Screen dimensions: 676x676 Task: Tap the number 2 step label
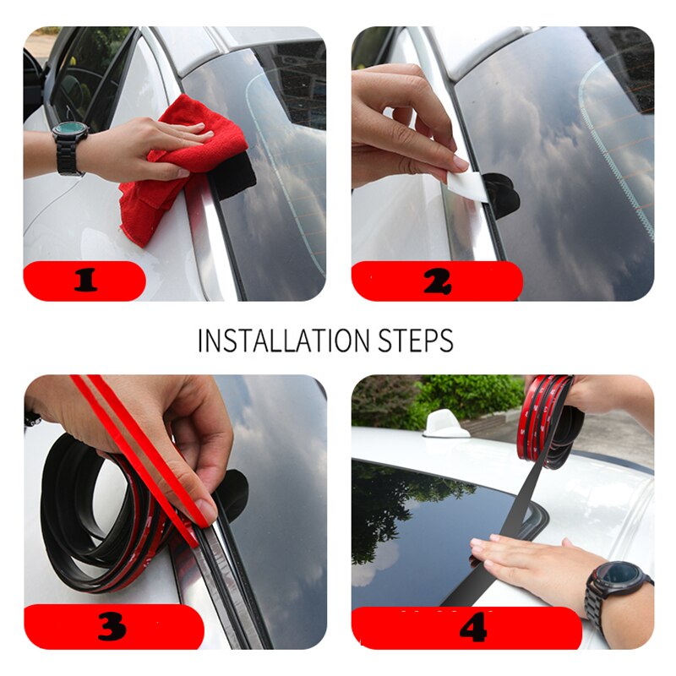tap(436, 282)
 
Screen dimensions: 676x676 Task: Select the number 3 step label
tap(112, 626)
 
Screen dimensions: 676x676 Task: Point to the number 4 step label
tap(473, 628)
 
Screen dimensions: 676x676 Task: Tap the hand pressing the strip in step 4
tap(532, 558)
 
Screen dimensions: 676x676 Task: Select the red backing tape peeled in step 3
tap(144, 448)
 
